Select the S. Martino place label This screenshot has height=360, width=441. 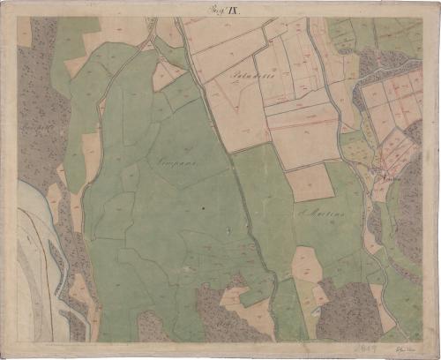[314, 213]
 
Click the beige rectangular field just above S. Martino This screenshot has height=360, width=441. [309, 183]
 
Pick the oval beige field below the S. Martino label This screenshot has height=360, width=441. [306, 263]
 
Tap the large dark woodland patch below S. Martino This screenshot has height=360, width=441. [349, 309]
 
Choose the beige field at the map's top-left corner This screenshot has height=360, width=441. [24, 32]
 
